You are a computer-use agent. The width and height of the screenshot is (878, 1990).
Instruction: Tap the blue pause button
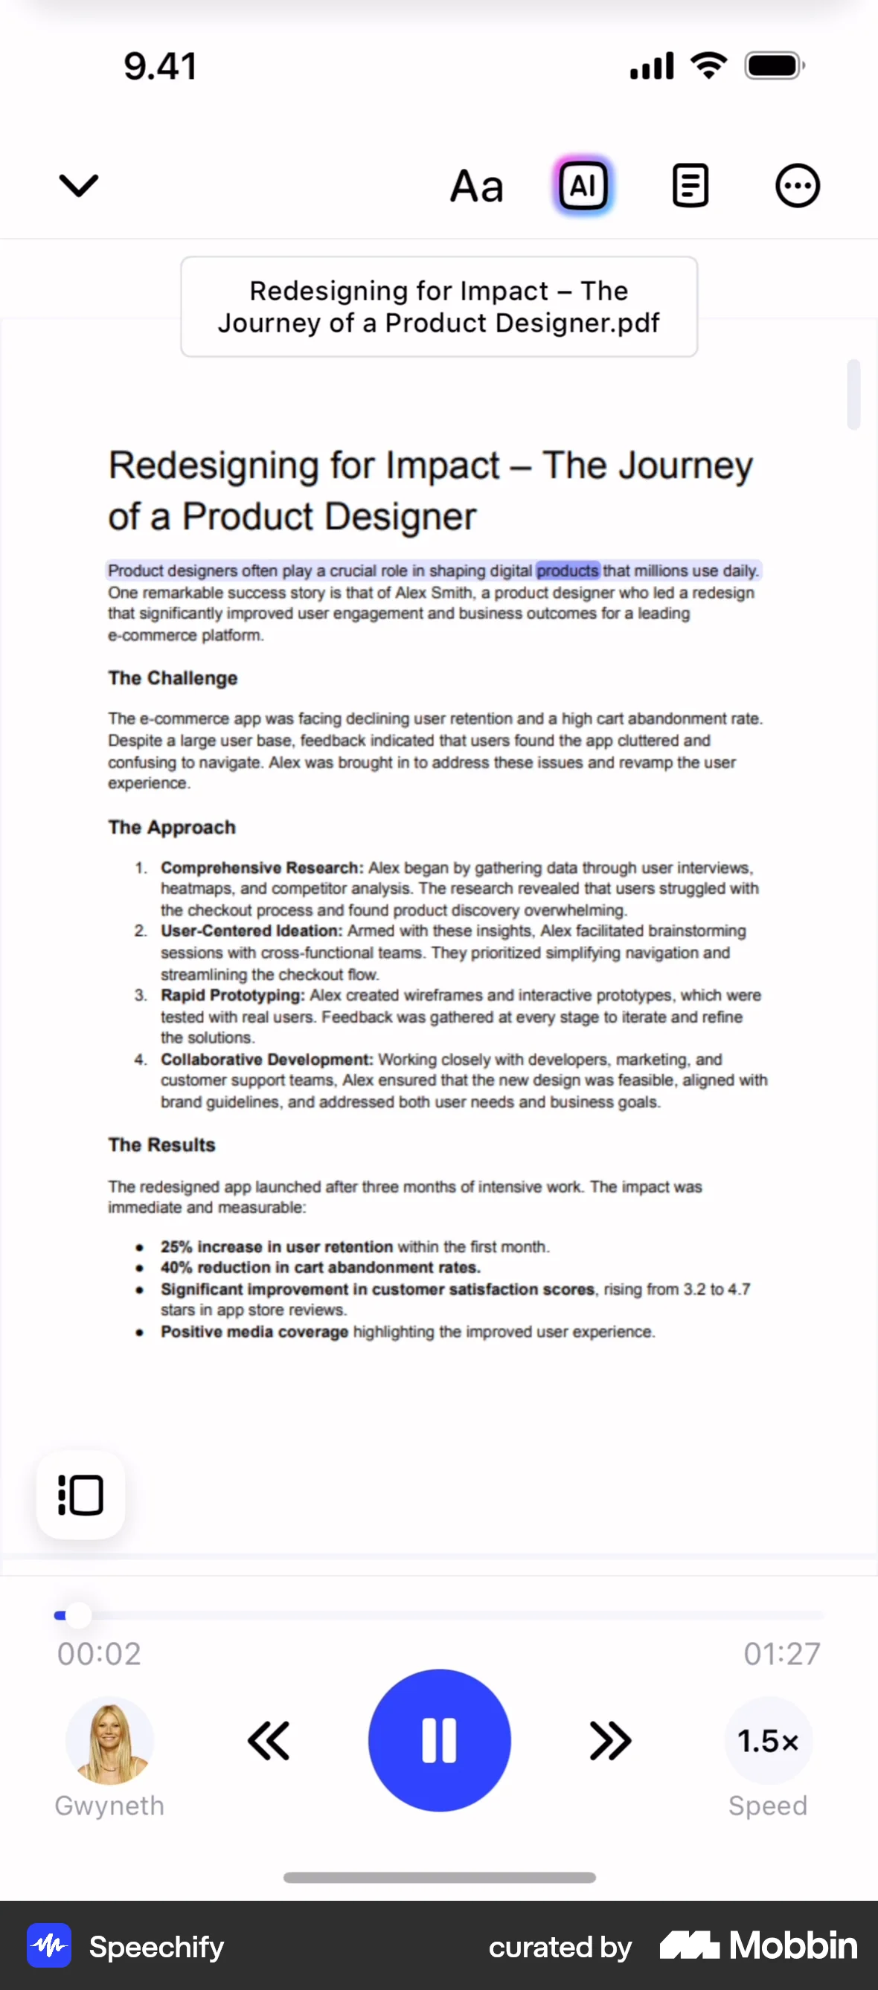[439, 1740]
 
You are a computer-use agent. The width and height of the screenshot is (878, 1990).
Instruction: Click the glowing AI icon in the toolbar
[583, 185]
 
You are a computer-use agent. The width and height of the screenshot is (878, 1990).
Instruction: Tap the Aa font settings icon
[477, 186]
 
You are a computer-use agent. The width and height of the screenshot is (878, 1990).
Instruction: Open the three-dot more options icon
[797, 185]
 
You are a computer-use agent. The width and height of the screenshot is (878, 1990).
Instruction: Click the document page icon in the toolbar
[690, 185]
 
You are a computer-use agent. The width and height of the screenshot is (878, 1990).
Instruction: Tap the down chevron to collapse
[79, 185]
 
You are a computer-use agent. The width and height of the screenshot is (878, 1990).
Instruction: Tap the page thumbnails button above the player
[80, 1495]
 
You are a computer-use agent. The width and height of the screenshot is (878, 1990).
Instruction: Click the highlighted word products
[567, 571]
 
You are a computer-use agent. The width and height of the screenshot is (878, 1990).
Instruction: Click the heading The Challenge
[173, 678]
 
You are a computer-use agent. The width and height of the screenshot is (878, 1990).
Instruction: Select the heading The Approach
[172, 828]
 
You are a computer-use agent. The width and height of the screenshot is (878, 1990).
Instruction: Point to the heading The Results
[161, 1145]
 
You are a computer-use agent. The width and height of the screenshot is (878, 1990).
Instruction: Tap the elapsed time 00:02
[99, 1654]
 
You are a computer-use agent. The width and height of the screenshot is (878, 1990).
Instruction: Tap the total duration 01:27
[781, 1654]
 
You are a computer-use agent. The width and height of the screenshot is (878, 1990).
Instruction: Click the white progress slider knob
[79, 1615]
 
